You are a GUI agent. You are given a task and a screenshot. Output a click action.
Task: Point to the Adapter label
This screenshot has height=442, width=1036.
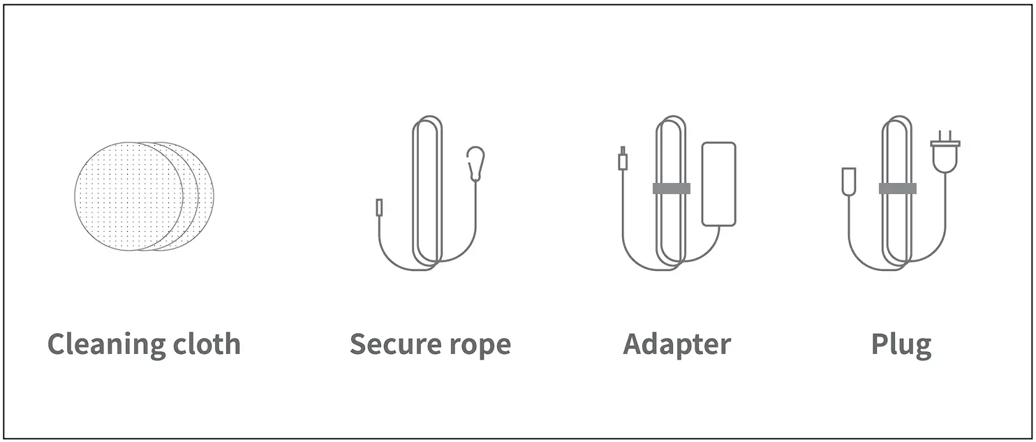(x=676, y=344)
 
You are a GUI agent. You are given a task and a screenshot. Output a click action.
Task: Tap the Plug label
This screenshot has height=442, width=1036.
(x=901, y=345)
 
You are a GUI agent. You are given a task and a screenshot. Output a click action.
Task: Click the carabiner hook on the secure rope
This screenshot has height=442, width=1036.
(x=476, y=163)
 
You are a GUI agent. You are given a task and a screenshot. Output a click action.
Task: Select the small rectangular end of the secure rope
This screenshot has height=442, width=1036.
(x=379, y=207)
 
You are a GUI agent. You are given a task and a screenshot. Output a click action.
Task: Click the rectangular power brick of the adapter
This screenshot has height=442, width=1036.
(x=718, y=184)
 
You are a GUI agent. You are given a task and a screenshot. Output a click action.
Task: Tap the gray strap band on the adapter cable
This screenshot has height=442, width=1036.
(x=671, y=189)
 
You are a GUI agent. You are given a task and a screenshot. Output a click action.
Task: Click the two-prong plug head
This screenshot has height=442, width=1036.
(x=945, y=154)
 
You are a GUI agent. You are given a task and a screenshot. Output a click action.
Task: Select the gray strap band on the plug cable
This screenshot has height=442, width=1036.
(x=897, y=189)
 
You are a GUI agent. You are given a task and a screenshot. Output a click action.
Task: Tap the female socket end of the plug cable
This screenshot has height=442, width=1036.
(x=849, y=181)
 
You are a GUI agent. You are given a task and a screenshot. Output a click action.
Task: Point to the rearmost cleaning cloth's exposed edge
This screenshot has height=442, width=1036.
(x=208, y=196)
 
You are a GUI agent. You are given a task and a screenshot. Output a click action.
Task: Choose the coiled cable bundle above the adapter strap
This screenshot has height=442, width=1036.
(x=671, y=150)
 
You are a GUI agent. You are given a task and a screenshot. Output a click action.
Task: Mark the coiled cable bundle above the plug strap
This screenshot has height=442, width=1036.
(x=897, y=150)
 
